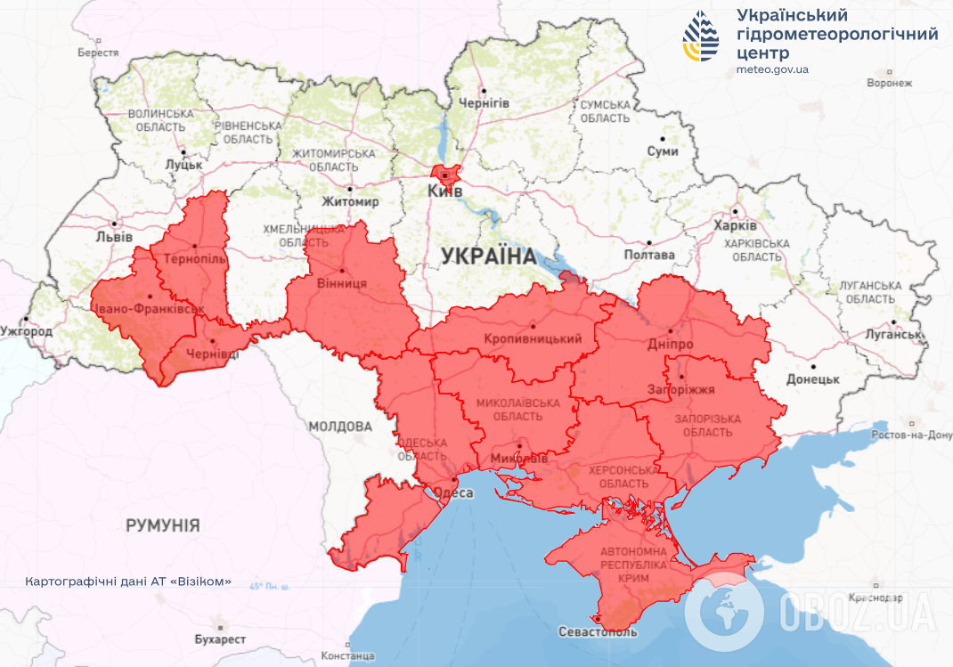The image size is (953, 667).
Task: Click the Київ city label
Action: tap(445, 191)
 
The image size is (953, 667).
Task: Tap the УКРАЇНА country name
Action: tap(489, 256)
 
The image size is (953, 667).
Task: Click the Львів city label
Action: tap(114, 237)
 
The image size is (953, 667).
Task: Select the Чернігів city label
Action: tap(484, 102)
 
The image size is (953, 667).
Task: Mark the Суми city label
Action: tap(663, 151)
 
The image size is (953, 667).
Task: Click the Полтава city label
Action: tap(649, 255)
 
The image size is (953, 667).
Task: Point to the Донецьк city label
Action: tap(813, 378)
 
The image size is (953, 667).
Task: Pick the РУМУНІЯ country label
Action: tap(162, 525)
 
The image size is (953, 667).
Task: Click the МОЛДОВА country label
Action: tap(340, 427)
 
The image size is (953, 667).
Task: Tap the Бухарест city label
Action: tap(219, 639)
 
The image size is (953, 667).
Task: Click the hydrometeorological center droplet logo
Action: tap(702, 37)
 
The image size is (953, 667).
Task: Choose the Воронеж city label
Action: tap(890, 83)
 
